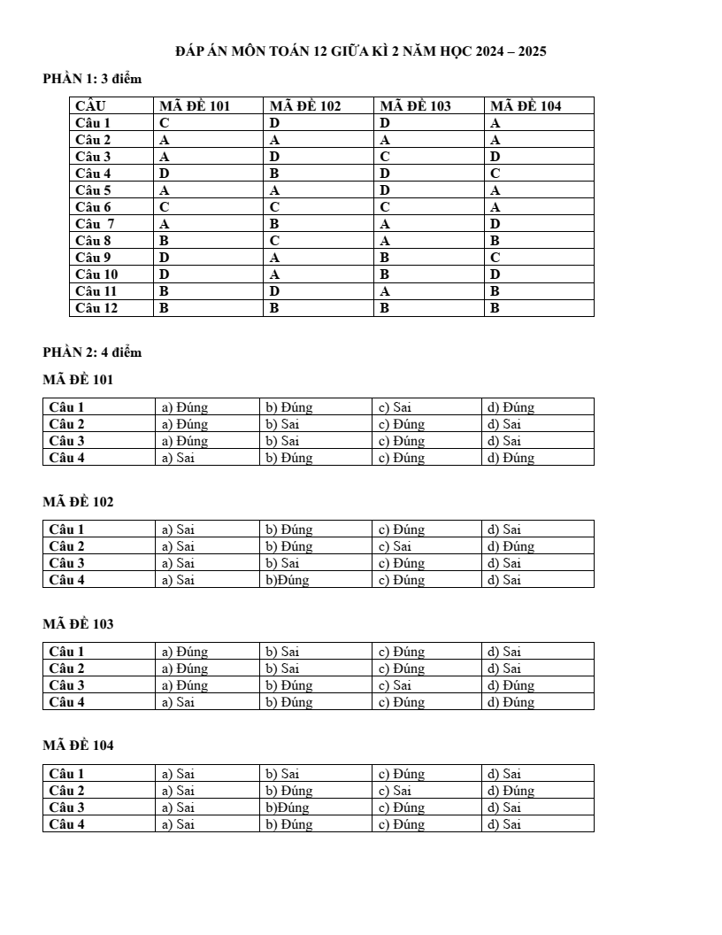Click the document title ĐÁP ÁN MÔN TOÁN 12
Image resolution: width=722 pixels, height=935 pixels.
[x=360, y=51]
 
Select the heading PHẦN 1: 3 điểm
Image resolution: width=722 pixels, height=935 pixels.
[x=92, y=79]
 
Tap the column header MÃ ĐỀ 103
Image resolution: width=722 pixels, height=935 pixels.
[x=416, y=106]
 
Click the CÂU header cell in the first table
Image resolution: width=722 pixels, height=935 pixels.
[x=91, y=106]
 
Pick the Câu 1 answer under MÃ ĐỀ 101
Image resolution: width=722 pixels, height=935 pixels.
[x=165, y=123]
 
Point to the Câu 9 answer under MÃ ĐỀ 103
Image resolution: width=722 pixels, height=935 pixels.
[x=385, y=258]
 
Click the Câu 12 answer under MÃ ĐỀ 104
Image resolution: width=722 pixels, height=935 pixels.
[x=495, y=308]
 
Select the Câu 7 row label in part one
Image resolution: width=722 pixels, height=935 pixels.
[x=95, y=224]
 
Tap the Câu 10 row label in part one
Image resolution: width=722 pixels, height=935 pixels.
[x=96, y=274]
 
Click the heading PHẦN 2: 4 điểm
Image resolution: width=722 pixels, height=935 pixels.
[x=92, y=352]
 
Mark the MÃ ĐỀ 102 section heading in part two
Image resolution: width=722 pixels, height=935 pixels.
[x=79, y=502]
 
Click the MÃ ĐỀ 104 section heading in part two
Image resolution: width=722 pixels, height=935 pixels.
[x=79, y=746]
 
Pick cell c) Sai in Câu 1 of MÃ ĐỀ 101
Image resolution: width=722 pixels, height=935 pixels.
[x=395, y=407]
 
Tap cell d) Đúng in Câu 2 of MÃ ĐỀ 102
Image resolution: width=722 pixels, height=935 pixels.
[x=511, y=546]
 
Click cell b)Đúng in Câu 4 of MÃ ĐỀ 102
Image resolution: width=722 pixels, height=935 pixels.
[x=288, y=580]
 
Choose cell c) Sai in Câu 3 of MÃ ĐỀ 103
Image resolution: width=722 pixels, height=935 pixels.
[x=395, y=685]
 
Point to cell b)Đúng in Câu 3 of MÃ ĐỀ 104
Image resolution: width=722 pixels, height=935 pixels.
[x=288, y=807]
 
